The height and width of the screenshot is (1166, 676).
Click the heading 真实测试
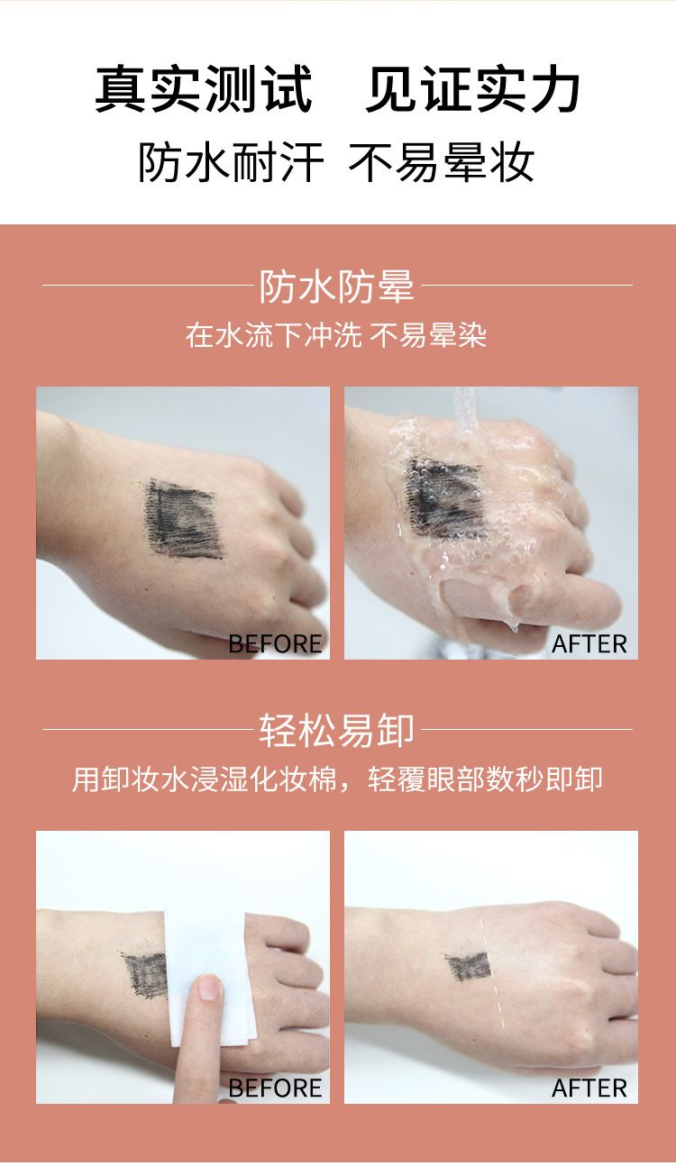tap(204, 88)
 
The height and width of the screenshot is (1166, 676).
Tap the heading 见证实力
tap(472, 88)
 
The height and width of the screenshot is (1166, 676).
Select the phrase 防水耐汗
tap(231, 162)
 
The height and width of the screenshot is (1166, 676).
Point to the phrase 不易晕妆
tap(442, 162)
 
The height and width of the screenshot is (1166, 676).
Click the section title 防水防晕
tap(337, 286)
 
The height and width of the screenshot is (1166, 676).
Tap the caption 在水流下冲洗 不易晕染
tap(336, 334)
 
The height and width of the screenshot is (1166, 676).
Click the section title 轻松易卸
tap(337, 730)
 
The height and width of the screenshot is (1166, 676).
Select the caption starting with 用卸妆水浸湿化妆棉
tap(337, 779)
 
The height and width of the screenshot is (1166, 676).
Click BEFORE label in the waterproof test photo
tap(275, 644)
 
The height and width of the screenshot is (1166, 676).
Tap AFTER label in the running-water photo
tap(589, 644)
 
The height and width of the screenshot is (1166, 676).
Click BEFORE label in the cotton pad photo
tap(275, 1088)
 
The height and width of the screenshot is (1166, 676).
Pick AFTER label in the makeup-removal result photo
tap(589, 1088)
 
